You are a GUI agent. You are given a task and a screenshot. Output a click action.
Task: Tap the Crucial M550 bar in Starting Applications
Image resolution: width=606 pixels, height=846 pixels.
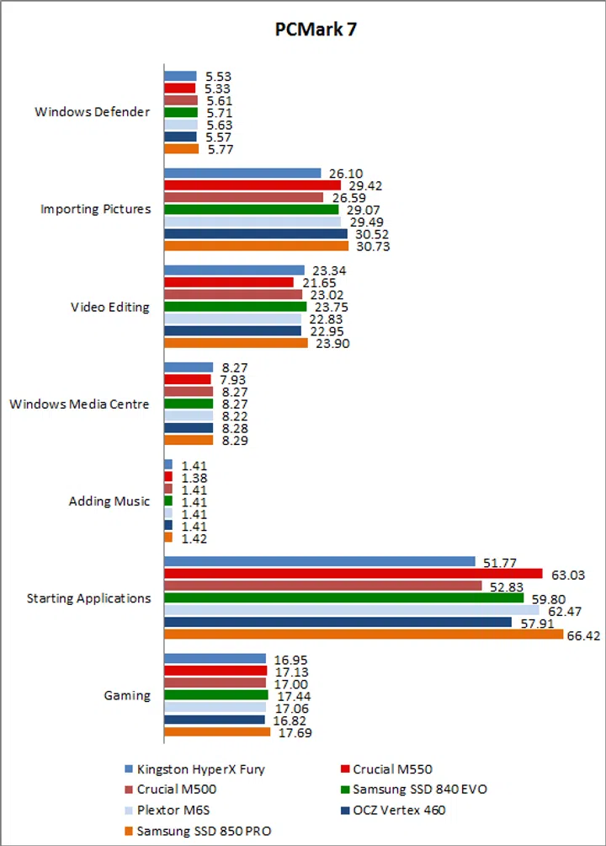pyautogui.click(x=353, y=574)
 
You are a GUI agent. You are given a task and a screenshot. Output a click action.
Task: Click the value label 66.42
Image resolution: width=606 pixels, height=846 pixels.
pyautogui.click(x=583, y=635)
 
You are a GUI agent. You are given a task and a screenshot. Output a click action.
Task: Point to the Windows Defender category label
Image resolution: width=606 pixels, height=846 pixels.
pyautogui.click(x=93, y=112)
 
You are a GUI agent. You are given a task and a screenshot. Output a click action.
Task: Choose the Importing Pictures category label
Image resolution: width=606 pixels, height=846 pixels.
pyautogui.click(x=96, y=209)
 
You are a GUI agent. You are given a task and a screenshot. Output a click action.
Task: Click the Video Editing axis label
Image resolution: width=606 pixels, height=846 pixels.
pyautogui.click(x=110, y=307)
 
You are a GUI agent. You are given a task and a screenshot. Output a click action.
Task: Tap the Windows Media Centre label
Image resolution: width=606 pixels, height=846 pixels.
pyautogui.click(x=79, y=404)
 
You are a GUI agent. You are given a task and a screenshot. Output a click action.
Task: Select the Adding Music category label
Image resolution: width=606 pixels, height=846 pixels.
pyautogui.click(x=109, y=501)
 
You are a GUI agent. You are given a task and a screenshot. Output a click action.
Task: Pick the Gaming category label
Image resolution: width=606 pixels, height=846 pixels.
pyautogui.click(x=127, y=695)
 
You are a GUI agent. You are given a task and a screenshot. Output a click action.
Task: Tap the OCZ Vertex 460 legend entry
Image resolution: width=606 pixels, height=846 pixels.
pyautogui.click(x=399, y=811)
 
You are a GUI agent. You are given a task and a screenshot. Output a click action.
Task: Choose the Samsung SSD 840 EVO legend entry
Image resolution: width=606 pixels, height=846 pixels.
pyautogui.click(x=419, y=790)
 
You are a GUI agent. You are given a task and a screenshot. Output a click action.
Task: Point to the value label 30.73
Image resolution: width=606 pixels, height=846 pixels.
pyautogui.click(x=368, y=247)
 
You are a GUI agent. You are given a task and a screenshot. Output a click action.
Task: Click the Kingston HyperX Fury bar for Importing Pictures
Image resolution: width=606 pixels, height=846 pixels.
pyautogui.click(x=242, y=173)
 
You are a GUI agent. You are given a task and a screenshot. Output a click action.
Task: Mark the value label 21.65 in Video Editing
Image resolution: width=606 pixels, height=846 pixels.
pyautogui.click(x=313, y=282)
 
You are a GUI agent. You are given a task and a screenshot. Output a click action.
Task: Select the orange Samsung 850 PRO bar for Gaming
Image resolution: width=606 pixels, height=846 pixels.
pyautogui.click(x=217, y=732)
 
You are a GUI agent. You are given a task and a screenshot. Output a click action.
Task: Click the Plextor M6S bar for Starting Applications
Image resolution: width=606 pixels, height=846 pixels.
pyautogui.click(x=352, y=610)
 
